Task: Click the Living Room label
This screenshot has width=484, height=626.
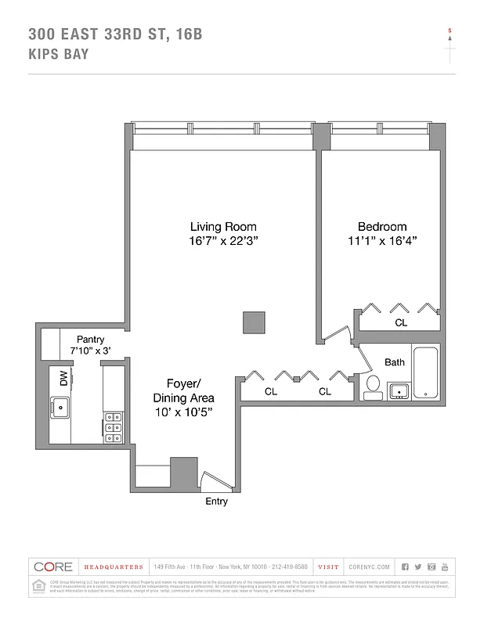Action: (x=223, y=227)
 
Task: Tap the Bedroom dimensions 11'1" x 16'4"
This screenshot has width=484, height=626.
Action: (x=383, y=241)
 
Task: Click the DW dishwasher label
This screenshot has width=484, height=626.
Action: (x=63, y=379)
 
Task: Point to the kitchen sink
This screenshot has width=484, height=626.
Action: (x=61, y=406)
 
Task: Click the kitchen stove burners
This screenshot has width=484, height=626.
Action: (x=112, y=428)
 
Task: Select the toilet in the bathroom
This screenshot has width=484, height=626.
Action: (x=374, y=386)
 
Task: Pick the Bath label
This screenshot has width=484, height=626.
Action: (x=395, y=362)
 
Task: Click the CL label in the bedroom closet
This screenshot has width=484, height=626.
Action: (x=400, y=322)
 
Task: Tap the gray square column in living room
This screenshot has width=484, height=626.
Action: (x=254, y=322)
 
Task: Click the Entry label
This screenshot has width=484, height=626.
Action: (x=216, y=502)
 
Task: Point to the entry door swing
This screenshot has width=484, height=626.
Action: (x=214, y=480)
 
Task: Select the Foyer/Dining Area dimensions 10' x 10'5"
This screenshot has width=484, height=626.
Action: (x=183, y=411)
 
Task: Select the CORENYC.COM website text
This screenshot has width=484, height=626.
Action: (x=367, y=567)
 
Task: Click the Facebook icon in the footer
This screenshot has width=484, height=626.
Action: (x=405, y=567)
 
